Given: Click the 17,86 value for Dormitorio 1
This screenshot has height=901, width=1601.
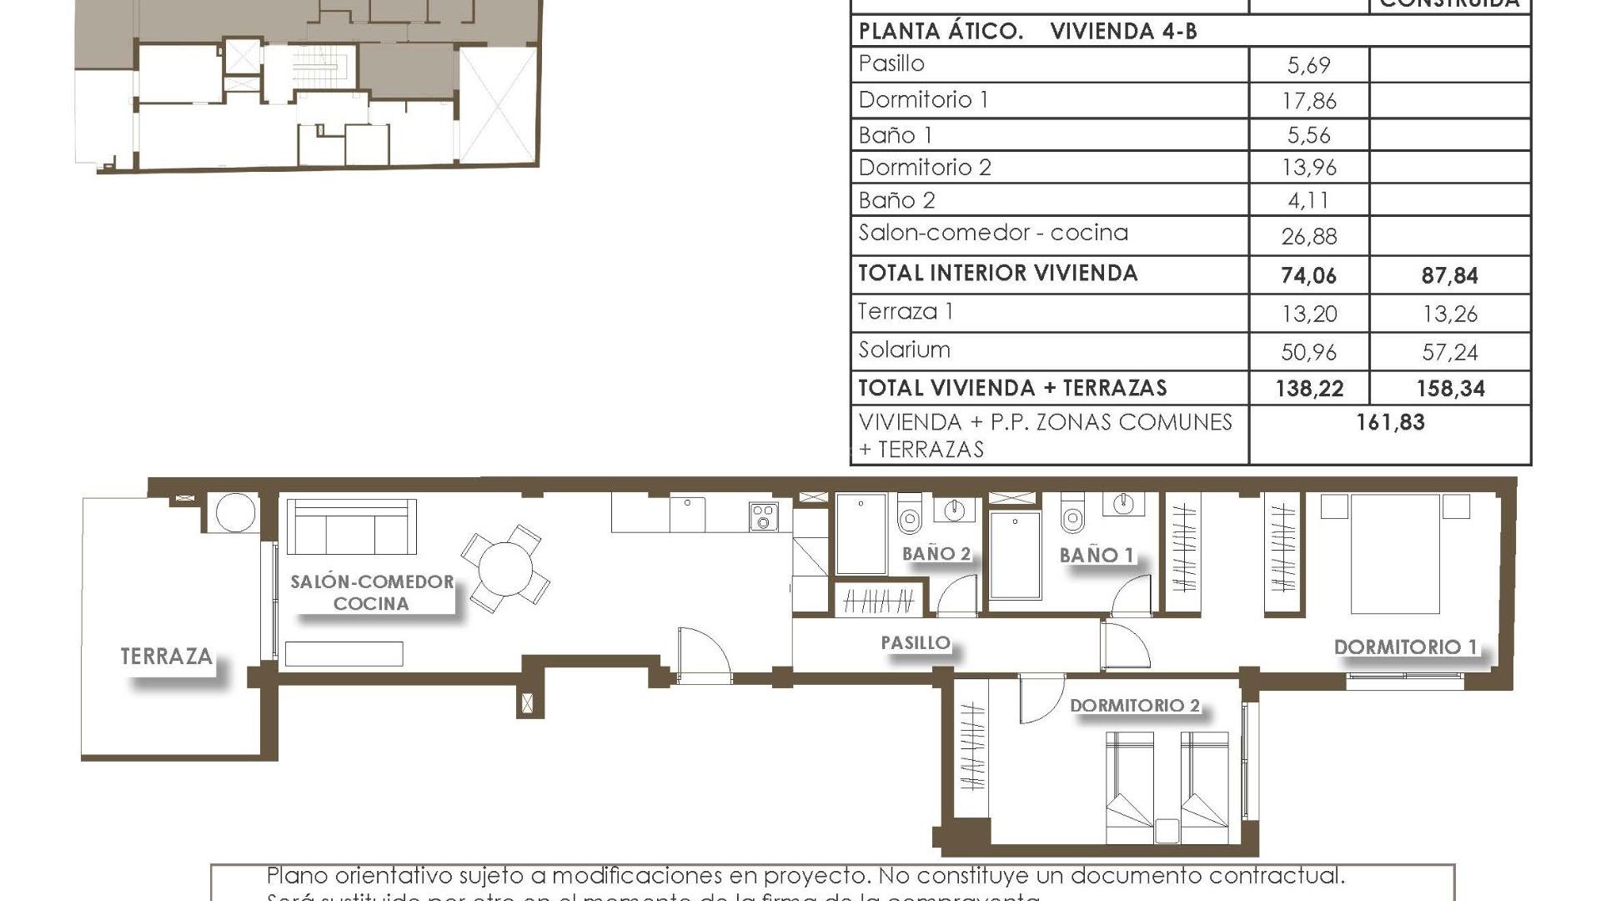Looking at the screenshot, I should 1308,101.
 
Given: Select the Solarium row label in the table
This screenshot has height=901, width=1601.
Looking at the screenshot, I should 904,350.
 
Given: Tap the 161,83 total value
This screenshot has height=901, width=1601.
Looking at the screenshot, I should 1390,422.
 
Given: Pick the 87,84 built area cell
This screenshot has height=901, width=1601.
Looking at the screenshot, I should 1449,275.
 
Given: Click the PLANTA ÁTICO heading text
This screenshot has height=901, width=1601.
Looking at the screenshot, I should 941,32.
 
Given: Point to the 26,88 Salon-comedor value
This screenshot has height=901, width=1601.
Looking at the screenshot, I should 1308,237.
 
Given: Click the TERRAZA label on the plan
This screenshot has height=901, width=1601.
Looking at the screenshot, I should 166,657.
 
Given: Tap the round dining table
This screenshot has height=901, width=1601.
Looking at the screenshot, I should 505,568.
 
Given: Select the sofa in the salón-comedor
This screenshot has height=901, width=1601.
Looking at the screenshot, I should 351,527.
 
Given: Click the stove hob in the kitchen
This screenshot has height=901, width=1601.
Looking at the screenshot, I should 763,516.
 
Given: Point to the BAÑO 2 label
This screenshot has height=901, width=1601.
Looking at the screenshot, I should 936,553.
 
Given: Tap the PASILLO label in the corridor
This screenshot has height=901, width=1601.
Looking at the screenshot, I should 916,642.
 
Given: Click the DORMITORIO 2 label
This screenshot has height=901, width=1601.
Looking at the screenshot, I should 1134,706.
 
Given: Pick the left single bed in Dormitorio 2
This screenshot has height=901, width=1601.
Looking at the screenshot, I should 1130,788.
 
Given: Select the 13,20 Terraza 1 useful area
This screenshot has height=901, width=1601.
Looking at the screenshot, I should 1308,314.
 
